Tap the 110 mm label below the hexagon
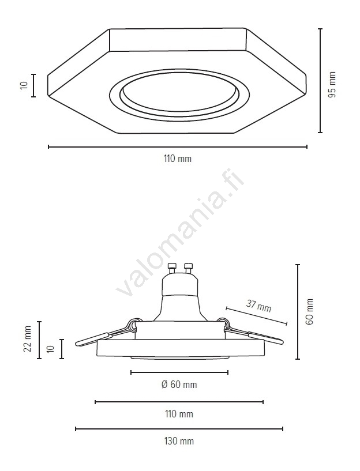click(x=178, y=159)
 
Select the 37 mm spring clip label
click(x=258, y=306)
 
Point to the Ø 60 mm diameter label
click(x=179, y=385)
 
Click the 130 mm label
click(x=179, y=441)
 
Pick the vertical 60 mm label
click(x=310, y=311)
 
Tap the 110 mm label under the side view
click(x=179, y=414)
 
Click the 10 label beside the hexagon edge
click(x=24, y=85)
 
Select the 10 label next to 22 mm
click(x=50, y=349)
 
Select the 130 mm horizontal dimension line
click(x=179, y=429)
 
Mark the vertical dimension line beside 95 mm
click(x=320, y=81)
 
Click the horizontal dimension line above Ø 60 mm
click(x=179, y=372)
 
